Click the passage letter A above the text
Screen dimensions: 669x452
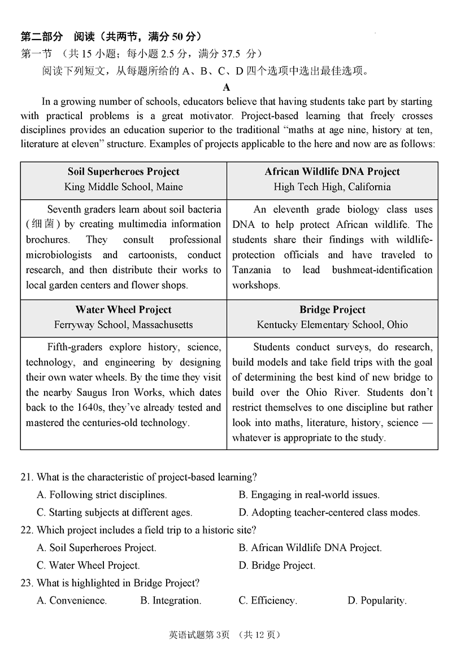tap(227, 87)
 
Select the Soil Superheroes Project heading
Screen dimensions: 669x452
tap(123, 171)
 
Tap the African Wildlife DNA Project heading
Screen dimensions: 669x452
tap(332, 171)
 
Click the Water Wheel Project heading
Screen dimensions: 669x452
tap(123, 310)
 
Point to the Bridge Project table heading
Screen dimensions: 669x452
tap(332, 310)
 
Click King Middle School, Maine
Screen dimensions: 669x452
tap(123, 187)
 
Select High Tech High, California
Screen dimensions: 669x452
tap(332, 187)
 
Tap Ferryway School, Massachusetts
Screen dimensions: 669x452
tap(123, 325)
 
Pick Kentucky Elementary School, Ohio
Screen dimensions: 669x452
tap(332, 325)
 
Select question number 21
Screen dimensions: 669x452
tap(27, 477)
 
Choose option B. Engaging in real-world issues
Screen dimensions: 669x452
tap(308, 495)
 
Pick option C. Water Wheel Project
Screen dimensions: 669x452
tap(88, 565)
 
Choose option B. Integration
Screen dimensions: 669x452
tap(171, 601)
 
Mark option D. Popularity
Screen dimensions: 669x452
tap(377, 601)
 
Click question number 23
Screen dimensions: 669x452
tap(27, 583)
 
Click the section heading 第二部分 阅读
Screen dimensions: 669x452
tap(52, 37)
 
